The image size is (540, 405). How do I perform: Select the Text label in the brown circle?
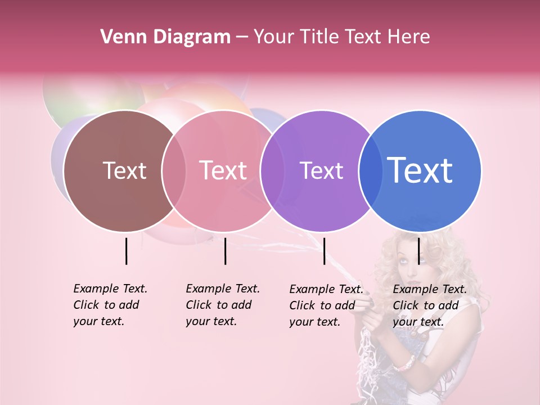(x=124, y=170)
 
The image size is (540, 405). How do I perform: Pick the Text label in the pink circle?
(x=223, y=170)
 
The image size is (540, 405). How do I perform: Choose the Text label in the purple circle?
(x=321, y=170)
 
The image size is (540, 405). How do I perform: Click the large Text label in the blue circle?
(x=420, y=170)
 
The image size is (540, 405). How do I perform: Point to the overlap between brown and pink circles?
(x=174, y=170)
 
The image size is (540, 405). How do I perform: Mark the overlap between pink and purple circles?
(x=271, y=170)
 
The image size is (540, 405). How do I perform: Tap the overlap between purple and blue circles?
(x=370, y=170)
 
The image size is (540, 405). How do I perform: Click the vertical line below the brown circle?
(x=126, y=251)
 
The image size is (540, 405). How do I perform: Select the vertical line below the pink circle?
(x=225, y=251)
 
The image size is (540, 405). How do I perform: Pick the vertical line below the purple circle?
(x=324, y=251)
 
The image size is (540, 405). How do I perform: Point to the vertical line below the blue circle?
(x=418, y=251)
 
